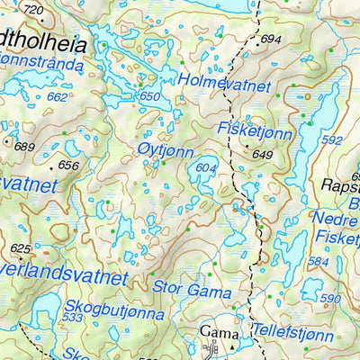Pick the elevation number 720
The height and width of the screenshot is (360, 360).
click(x=32, y=10)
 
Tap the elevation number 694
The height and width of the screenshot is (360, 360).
click(x=271, y=40)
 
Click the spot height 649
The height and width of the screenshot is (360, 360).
click(x=263, y=155)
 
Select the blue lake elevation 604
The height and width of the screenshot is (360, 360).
click(x=206, y=168)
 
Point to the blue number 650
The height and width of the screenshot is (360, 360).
click(x=149, y=96)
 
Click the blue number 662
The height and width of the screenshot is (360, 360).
click(x=57, y=96)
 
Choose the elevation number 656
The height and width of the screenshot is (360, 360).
click(x=68, y=165)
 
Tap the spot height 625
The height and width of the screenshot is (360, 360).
click(x=21, y=248)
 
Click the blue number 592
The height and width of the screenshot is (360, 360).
click(x=332, y=140)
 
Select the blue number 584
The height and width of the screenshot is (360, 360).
click(x=318, y=262)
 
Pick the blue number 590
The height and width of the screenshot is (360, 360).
click(x=331, y=298)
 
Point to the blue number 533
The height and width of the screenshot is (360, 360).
click(x=73, y=318)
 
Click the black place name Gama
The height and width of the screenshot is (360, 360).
click(x=214, y=329)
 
